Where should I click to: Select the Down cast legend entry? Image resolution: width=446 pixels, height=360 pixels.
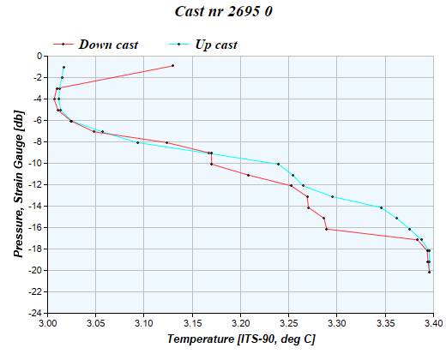[107, 44]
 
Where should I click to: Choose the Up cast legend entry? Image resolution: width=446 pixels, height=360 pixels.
[215, 44]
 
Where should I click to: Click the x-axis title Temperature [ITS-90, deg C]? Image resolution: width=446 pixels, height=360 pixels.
[241, 339]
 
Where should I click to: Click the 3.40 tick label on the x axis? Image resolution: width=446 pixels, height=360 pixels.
[433, 324]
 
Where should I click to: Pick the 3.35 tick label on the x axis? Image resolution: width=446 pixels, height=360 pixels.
[385, 324]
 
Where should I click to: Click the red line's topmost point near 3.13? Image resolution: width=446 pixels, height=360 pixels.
[172, 65]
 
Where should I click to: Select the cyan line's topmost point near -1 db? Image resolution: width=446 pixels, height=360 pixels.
[63, 67]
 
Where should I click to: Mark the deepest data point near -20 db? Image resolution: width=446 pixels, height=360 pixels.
[429, 272]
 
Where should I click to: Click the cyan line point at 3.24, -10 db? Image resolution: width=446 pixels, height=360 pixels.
[278, 164]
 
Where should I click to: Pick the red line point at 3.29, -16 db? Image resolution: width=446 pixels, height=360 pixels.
[327, 229]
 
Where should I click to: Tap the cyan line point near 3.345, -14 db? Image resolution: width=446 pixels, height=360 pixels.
[381, 207]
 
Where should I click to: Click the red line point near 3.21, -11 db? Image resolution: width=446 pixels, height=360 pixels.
[248, 175]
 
